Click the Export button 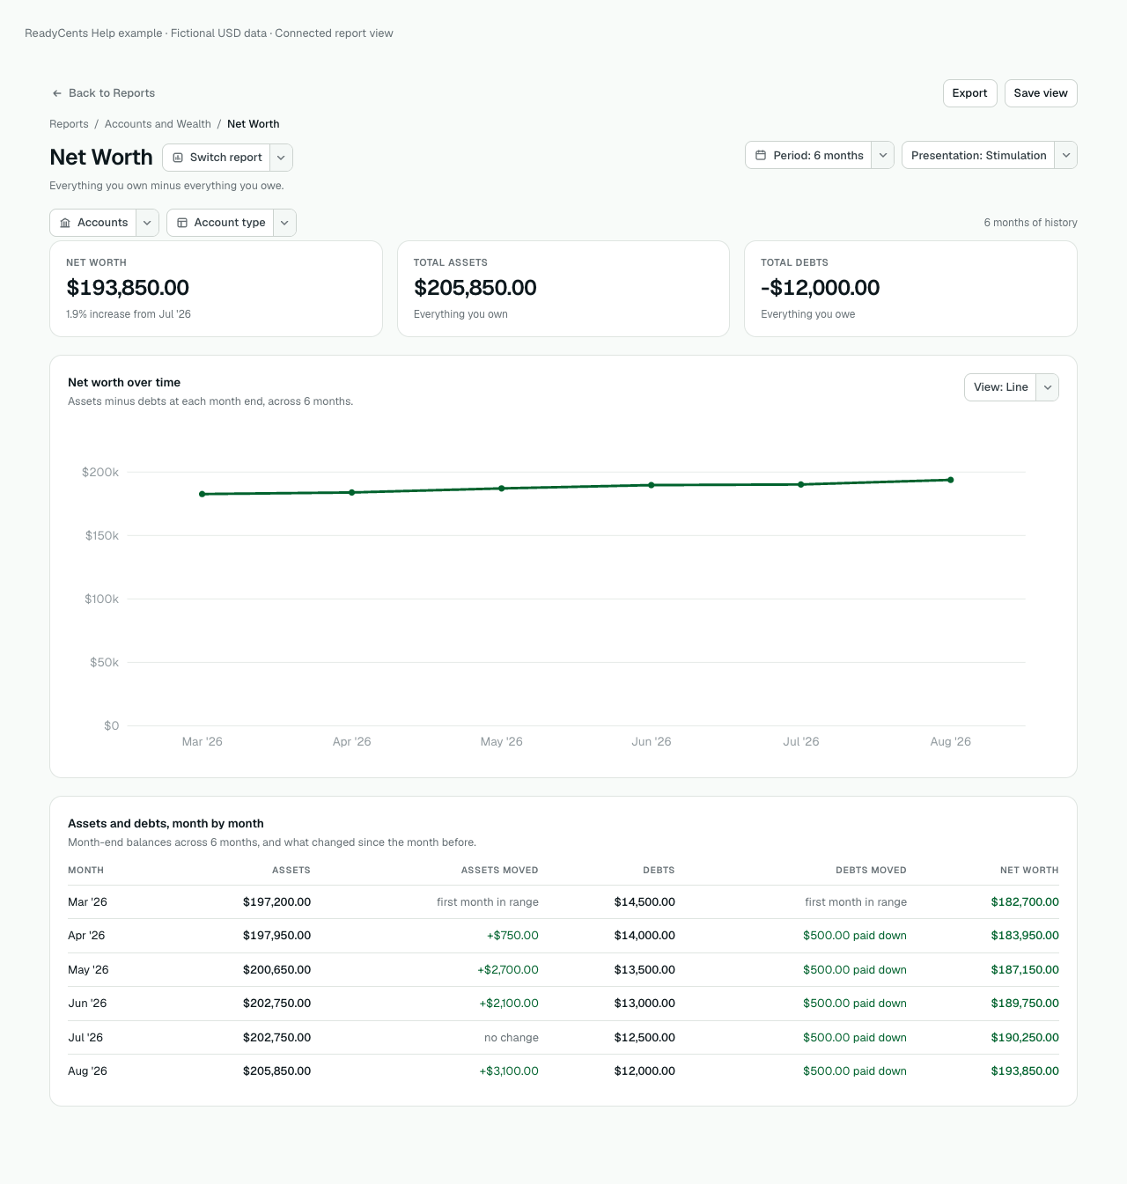(969, 93)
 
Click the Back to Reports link (103, 93)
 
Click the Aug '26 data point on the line (951, 480)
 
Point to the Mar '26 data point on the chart (203, 494)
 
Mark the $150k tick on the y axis (102, 535)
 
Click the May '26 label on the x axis (501, 741)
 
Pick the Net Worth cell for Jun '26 (1025, 1004)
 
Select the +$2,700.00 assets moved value (508, 969)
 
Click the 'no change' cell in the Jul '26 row (511, 1037)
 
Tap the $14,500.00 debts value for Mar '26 (645, 901)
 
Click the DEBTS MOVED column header (871, 870)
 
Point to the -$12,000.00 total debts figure (820, 287)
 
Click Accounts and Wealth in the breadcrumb (158, 124)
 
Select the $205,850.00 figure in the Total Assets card (475, 287)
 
